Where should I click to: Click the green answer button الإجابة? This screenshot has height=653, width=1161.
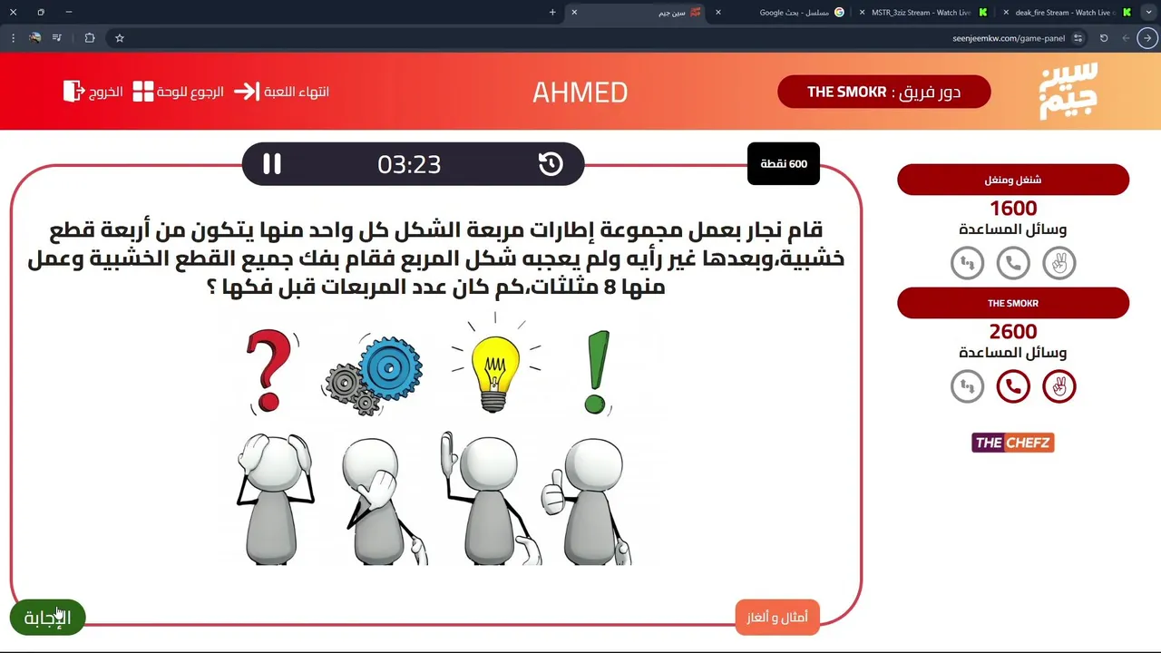pyautogui.click(x=48, y=618)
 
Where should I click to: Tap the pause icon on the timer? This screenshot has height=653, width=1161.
pyautogui.click(x=272, y=164)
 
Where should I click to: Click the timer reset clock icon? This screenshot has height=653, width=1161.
pyautogui.click(x=551, y=164)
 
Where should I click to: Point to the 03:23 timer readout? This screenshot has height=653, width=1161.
pyautogui.click(x=409, y=164)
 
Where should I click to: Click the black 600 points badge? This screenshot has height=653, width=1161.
pyautogui.click(x=783, y=164)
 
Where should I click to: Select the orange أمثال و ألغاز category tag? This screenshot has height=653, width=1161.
pyautogui.click(x=777, y=618)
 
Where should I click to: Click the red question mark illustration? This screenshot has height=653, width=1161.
pyautogui.click(x=268, y=370)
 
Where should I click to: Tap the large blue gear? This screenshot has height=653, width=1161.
pyautogui.click(x=390, y=368)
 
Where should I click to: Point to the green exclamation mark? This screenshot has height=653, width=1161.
pyautogui.click(x=597, y=372)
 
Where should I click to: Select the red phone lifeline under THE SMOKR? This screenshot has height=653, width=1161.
pyautogui.click(x=1013, y=386)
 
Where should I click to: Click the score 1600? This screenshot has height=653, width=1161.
pyautogui.click(x=1013, y=209)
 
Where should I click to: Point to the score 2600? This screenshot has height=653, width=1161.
pyautogui.click(x=1013, y=332)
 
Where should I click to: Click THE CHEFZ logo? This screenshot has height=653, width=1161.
pyautogui.click(x=1013, y=443)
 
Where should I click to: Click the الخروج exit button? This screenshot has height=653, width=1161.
pyautogui.click(x=93, y=92)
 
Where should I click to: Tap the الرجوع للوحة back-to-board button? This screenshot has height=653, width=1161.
pyautogui.click(x=179, y=92)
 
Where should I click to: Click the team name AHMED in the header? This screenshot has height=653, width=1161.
pyautogui.click(x=580, y=93)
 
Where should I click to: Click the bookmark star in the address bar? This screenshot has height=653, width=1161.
pyautogui.click(x=120, y=38)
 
